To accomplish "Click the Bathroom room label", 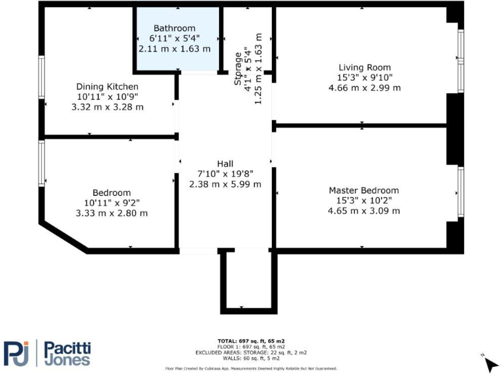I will pyautogui.click(x=175, y=28).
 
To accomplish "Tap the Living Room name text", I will pyautogui.click(x=364, y=67).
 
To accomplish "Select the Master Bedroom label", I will pyautogui.click(x=363, y=190).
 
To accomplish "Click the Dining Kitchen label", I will pyautogui.click(x=107, y=86).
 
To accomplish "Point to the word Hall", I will pyautogui.click(x=225, y=163).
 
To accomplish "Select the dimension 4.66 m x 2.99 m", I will pyautogui.click(x=364, y=87).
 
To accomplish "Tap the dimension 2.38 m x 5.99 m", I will pyautogui.click(x=225, y=184).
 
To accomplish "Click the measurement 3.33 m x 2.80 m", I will pyautogui.click(x=111, y=213).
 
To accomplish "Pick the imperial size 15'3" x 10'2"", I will pyautogui.click(x=363, y=200).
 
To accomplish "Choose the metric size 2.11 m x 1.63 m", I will pyautogui.click(x=175, y=48).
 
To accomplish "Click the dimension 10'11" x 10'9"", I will pyautogui.click(x=107, y=97).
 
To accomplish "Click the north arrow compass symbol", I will pyautogui.click(x=490, y=360).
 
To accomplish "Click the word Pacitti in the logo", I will pyautogui.click(x=67, y=346).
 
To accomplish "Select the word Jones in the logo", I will pyautogui.click(x=67, y=360).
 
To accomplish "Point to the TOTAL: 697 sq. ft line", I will pyautogui.click(x=251, y=341).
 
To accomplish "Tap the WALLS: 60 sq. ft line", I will pyautogui.click(x=251, y=358).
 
